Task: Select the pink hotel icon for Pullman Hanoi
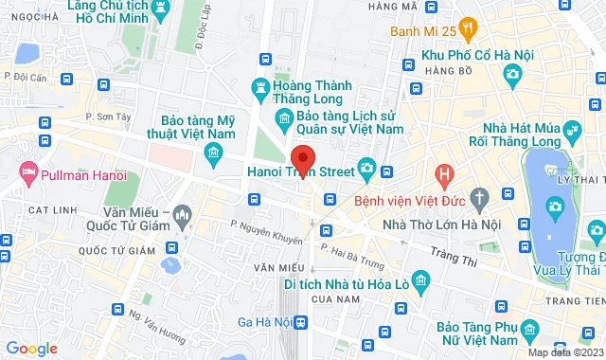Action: (27, 173)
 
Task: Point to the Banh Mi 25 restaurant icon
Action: (465, 27)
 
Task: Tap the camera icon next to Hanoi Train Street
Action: (368, 171)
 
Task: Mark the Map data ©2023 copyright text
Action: (564, 353)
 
